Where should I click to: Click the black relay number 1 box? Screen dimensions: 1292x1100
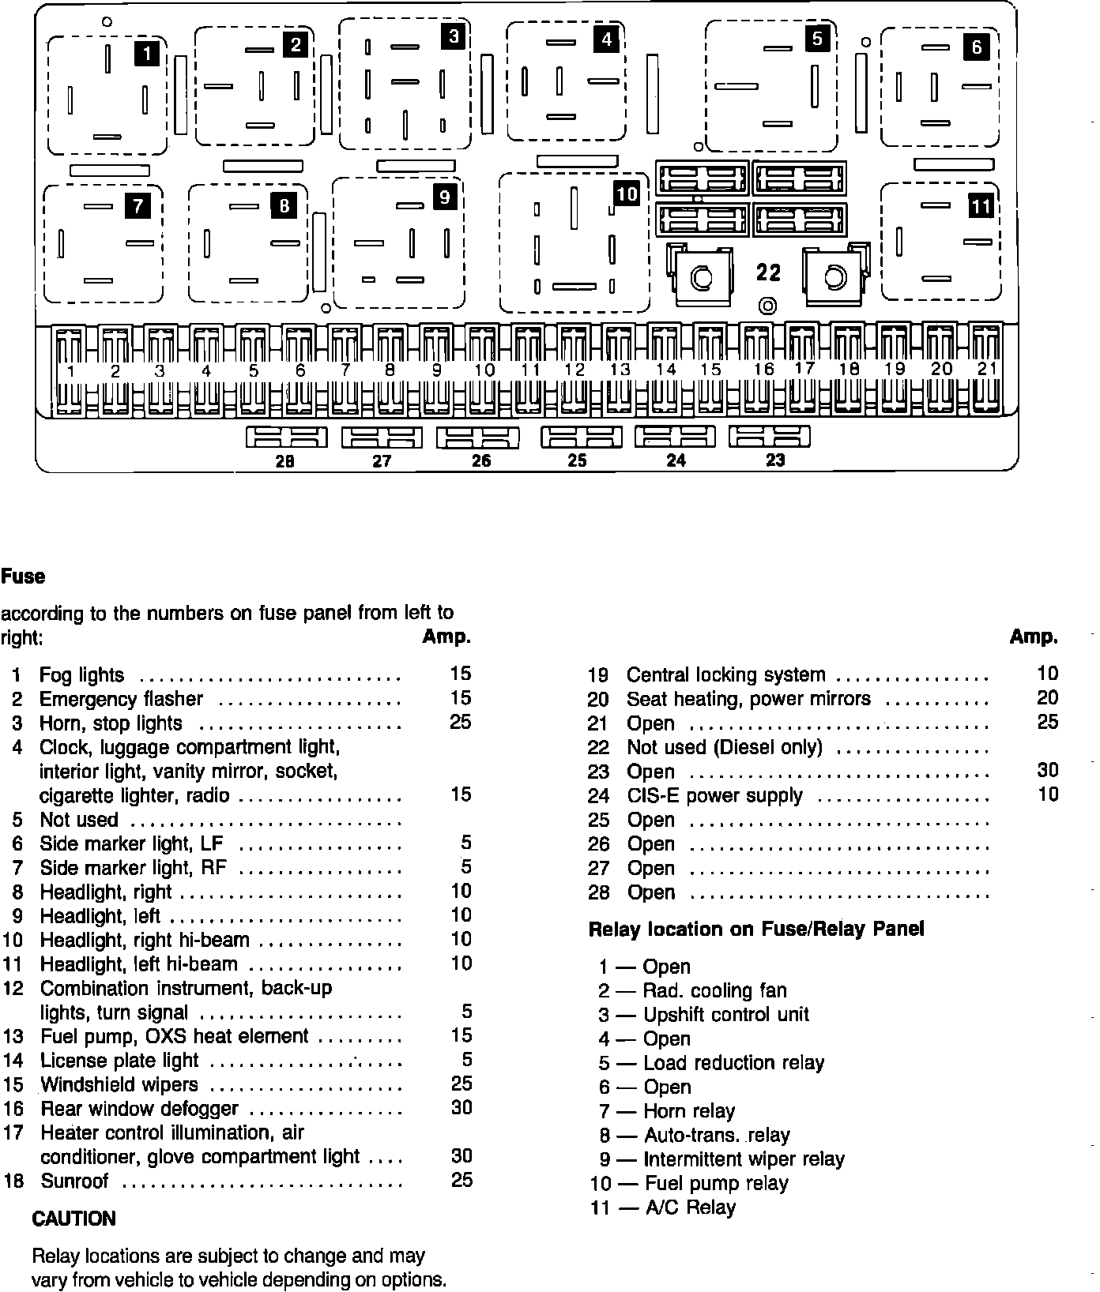148,53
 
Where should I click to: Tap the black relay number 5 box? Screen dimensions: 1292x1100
817,38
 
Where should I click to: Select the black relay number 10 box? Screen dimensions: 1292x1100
626,193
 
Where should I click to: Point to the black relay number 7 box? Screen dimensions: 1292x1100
137,207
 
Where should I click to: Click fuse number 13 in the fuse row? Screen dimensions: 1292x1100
620,370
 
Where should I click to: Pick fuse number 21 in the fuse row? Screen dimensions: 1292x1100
987,370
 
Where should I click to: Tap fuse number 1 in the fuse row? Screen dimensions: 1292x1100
70,370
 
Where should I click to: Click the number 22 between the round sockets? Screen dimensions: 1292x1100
768,272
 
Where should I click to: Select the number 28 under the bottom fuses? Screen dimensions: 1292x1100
284,462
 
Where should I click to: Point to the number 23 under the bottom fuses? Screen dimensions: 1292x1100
775,460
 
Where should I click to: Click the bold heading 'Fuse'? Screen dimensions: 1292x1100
23,577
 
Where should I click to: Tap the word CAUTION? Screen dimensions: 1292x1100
73,1219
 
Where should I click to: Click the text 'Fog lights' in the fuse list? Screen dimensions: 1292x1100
81,675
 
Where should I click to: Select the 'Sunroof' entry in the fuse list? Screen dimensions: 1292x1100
74,1181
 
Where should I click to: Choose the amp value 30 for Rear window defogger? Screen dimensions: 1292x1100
461,1108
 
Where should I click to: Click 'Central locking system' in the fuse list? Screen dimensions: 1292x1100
725,675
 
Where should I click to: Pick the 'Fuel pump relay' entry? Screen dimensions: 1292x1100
716,1183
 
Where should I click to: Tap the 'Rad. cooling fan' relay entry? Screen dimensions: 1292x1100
714,990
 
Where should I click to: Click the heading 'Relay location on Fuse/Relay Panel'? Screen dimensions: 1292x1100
755,930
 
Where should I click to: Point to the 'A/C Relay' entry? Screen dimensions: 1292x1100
690,1207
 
